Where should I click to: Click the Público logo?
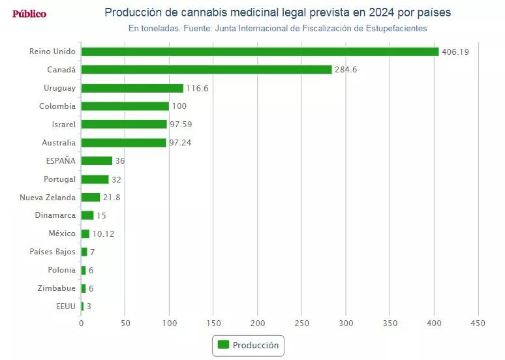[x=29, y=14]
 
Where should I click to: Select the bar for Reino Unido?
[x=260, y=52]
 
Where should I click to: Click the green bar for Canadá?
[x=206, y=70]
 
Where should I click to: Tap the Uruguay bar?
[x=132, y=88]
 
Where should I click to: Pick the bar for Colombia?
[x=125, y=106]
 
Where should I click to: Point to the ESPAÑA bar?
[x=97, y=161]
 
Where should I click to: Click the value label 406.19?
[x=455, y=52]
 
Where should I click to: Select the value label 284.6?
[x=346, y=70]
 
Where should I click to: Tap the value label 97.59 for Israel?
[x=180, y=125]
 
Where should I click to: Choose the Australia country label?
[x=59, y=143]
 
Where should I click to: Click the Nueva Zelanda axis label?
[x=48, y=198]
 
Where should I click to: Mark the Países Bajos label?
[x=53, y=252]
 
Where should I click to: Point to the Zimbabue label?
[x=57, y=288]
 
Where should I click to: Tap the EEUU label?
[x=66, y=307]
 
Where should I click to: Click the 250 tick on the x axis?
[x=302, y=323]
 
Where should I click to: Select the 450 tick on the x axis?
[x=478, y=323]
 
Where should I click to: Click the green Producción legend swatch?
[x=223, y=345]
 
